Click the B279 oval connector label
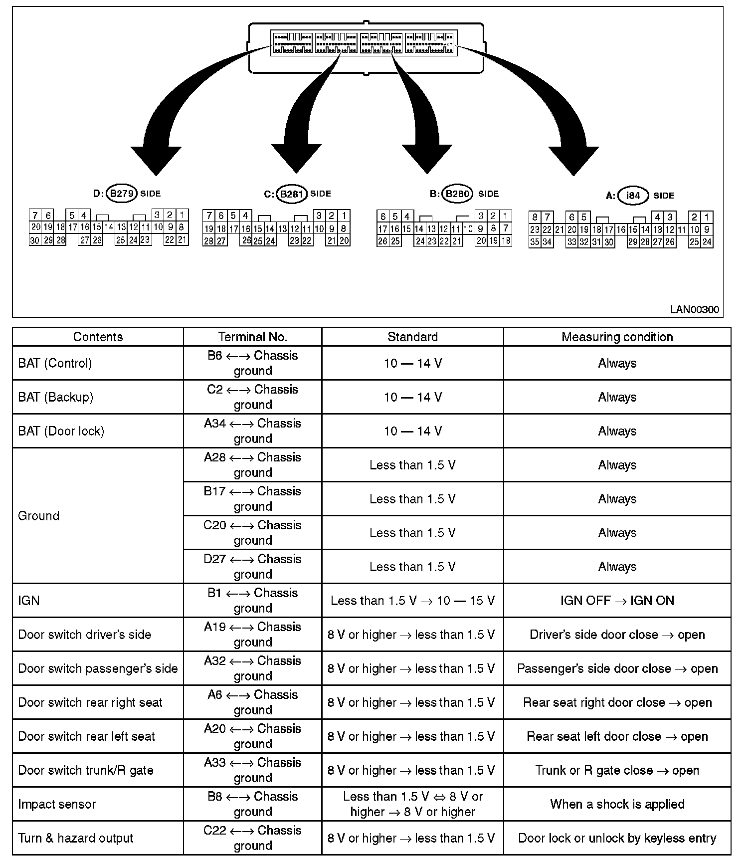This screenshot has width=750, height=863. click(x=121, y=194)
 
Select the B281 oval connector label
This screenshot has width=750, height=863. click(x=291, y=194)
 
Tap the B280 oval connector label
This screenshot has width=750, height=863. click(x=458, y=194)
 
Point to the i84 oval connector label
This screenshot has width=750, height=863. click(x=632, y=196)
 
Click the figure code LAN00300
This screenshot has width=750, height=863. click(x=694, y=309)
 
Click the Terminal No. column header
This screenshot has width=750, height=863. click(x=252, y=337)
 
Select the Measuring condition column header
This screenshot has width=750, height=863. click(x=617, y=337)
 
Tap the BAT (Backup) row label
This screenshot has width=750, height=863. click(x=55, y=397)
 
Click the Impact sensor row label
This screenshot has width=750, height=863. click(x=56, y=804)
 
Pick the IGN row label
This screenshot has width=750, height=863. click(x=28, y=601)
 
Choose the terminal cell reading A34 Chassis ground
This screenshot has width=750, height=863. click(x=252, y=431)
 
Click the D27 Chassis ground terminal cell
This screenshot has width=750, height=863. click(x=252, y=567)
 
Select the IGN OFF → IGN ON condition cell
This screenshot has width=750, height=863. click(x=617, y=601)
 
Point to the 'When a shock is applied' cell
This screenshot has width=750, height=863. click(x=617, y=804)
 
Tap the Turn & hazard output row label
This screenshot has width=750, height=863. click(x=75, y=838)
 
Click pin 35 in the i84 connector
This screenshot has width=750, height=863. click(x=535, y=242)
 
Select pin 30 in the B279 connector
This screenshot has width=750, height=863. click(x=35, y=240)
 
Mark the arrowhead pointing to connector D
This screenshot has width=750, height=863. click(x=156, y=160)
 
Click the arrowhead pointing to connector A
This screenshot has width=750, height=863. click(x=573, y=160)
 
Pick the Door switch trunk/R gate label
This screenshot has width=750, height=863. click(x=85, y=770)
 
